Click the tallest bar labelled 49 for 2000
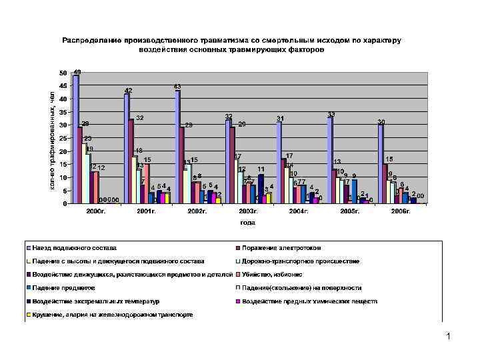pos(76,139)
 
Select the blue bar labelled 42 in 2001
pos(127,149)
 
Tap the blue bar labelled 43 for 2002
pos(178,147)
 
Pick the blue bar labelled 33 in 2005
pos(329,160)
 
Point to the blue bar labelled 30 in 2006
pos(380,164)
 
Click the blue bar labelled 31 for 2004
pos(279,163)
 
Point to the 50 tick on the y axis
pos(63,73)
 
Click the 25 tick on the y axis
pos(63,139)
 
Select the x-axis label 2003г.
pos(248,211)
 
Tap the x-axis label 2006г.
pos(401,211)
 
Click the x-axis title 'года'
pos(248,223)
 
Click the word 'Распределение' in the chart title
pos(87,41)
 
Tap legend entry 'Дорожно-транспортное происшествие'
pos(301,261)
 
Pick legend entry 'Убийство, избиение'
pos(273,274)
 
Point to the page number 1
pos(449,337)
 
